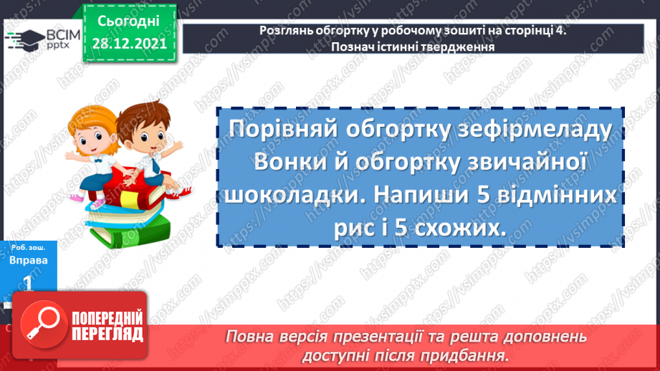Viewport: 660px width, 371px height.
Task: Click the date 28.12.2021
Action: tap(129, 42)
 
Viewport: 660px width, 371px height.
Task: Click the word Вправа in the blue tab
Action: tap(29, 261)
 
